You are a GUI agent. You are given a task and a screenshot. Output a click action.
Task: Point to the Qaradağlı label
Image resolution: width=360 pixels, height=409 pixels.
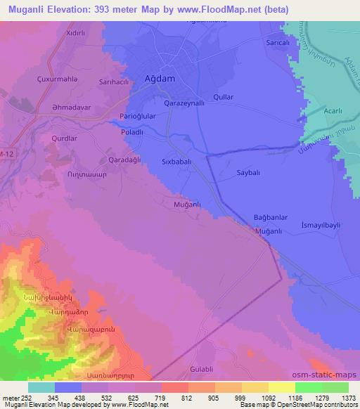coord(124,160)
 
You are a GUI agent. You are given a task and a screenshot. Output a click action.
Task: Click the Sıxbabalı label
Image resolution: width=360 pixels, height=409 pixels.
coord(179,160)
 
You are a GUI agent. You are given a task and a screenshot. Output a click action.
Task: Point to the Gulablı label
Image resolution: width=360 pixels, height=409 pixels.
coord(202,369)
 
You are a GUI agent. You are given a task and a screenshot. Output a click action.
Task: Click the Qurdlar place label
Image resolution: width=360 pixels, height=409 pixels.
coord(64,138)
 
